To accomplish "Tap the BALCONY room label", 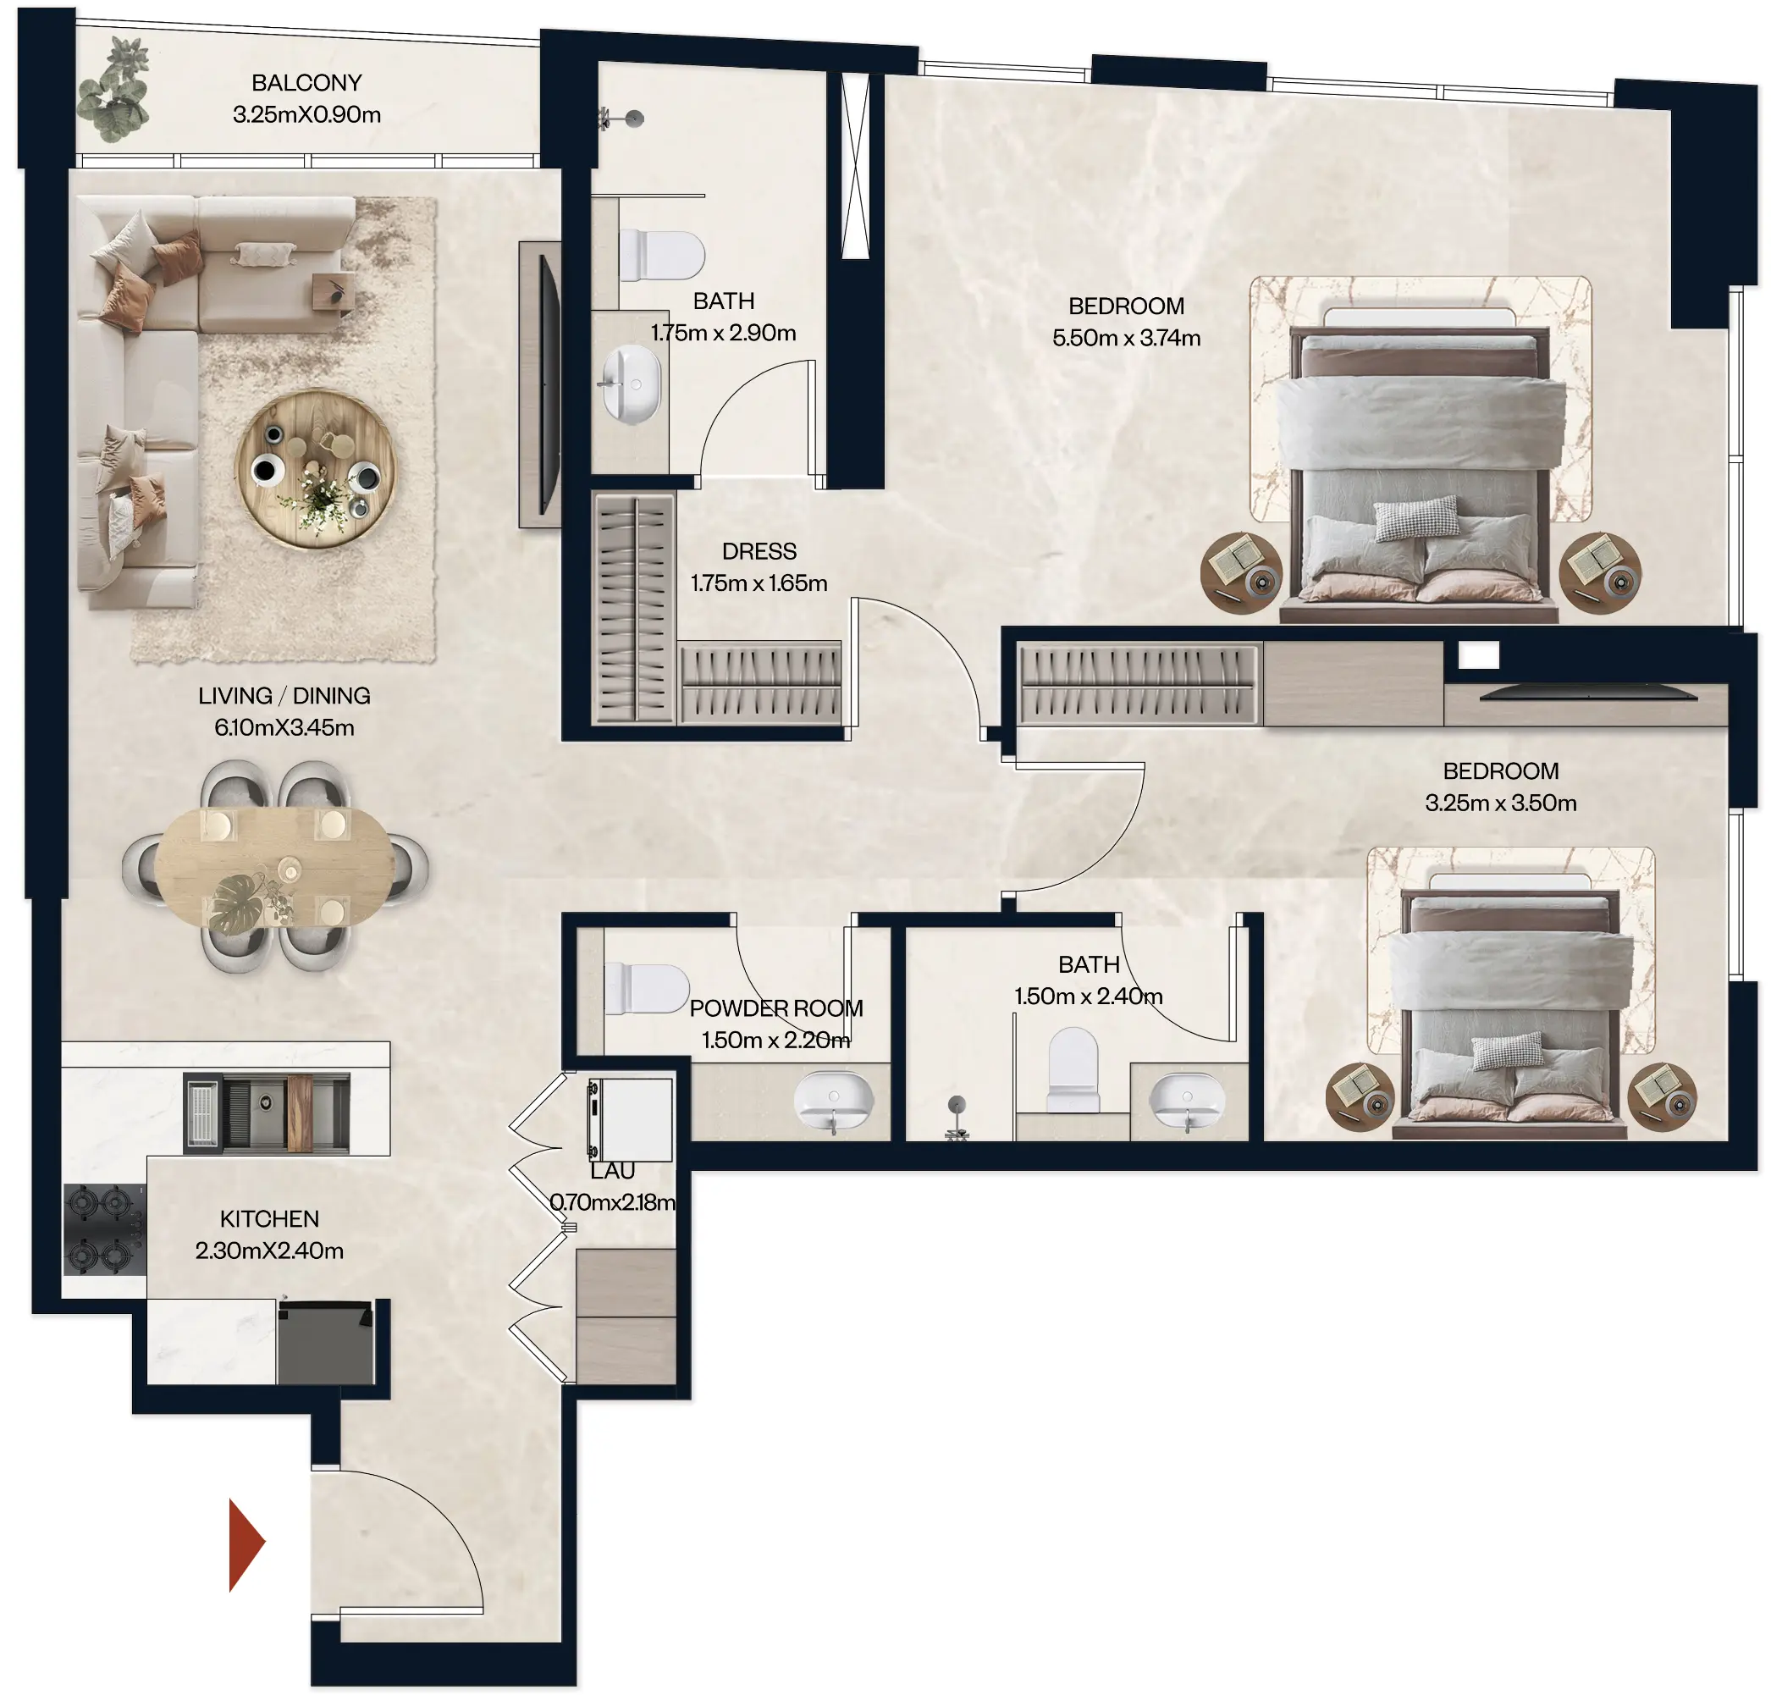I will click(306, 83).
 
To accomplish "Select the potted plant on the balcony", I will click(115, 91).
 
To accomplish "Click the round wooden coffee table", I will click(316, 469).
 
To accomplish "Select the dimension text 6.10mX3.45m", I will click(284, 727).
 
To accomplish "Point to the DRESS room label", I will click(759, 551).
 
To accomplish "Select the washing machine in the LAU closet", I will click(631, 1119).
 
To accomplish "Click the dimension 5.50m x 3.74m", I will click(1126, 338).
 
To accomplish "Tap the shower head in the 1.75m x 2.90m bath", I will click(634, 118).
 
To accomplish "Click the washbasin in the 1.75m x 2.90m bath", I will click(632, 384).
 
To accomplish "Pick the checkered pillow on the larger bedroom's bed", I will click(1416, 516).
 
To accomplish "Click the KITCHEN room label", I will click(269, 1219).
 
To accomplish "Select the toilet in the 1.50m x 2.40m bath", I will click(1073, 1068).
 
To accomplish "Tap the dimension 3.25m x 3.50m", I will click(1500, 803).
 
